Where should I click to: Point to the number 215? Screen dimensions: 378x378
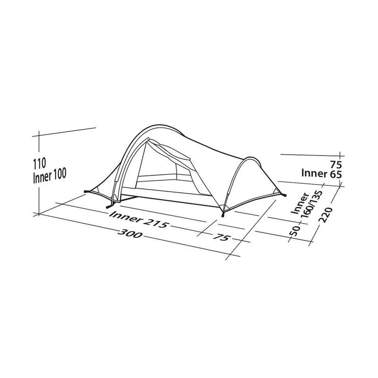click(x=155, y=223)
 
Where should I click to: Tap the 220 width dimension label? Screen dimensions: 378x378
click(x=326, y=215)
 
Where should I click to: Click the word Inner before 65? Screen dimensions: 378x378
click(x=315, y=174)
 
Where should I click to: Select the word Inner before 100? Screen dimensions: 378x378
click(x=43, y=174)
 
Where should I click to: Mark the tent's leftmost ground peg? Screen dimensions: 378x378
click(x=85, y=192)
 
